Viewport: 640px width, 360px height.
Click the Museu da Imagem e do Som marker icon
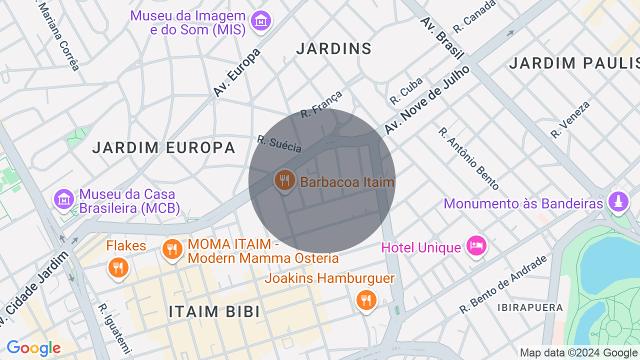tap(261, 21)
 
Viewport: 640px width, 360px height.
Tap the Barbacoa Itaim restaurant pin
tap(284, 180)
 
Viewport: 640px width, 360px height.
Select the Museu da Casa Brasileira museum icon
tap(64, 199)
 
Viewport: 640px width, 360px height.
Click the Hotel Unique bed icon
tap(476, 245)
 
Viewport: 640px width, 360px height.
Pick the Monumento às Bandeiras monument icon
tap(618, 201)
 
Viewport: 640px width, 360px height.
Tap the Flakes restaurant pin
tap(118, 267)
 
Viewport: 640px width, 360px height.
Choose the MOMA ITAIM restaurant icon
tap(172, 248)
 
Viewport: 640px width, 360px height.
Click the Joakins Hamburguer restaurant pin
tap(366, 300)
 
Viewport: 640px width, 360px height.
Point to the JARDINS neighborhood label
tap(334, 48)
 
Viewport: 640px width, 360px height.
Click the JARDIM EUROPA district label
tap(164, 147)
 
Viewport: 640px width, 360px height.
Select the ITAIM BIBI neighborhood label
tap(214, 311)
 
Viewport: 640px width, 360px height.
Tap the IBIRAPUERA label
tap(530, 307)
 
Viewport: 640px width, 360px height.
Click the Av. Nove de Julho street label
tap(427, 100)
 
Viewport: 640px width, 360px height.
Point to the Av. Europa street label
tap(237, 73)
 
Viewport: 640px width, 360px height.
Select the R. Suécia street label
tap(279, 144)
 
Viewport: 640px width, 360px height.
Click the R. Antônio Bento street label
tap(468, 158)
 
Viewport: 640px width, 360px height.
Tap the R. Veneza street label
tap(570, 119)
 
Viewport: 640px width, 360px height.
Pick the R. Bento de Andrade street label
tap(503, 285)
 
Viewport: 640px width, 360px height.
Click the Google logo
tap(33, 348)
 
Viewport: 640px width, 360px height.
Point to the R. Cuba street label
tap(406, 90)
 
